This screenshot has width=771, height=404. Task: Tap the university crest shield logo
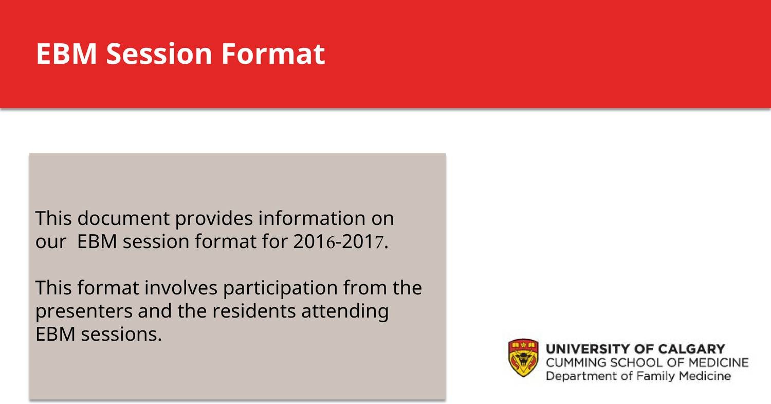[523, 358]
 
